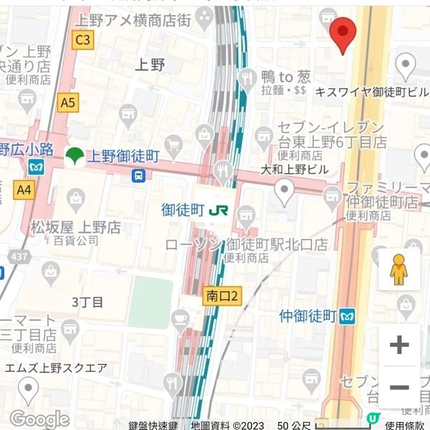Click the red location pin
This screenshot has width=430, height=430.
343,34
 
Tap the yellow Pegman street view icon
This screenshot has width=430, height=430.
398,269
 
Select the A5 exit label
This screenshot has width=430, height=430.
67,103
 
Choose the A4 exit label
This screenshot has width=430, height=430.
24,189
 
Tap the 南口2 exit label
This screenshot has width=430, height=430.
221,295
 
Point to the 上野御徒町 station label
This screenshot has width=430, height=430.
123,155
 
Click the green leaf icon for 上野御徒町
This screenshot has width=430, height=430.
72,156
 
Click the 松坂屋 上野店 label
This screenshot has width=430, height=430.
75,228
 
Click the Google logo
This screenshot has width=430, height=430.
39,419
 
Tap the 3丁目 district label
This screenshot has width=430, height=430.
88,302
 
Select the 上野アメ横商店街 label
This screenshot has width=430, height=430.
135,21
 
